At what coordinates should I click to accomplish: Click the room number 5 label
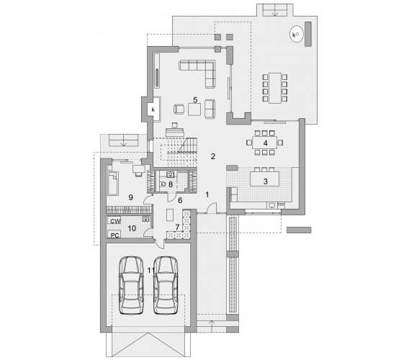coord(195,100)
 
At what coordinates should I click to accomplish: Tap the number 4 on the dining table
coord(265,143)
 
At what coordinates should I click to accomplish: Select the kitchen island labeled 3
coord(265,179)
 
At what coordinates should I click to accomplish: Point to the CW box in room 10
coord(114,220)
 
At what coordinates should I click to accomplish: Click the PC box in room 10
coord(114,234)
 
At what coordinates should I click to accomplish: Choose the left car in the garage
coord(131,285)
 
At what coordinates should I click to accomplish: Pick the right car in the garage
coord(166,285)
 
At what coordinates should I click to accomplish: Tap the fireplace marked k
coord(153,109)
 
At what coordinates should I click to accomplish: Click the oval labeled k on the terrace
coord(296,34)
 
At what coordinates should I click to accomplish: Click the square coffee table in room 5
coord(194,109)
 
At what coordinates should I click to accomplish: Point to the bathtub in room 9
coord(113,184)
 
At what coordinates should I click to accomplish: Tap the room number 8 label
coord(171,184)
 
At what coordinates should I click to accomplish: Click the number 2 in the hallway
coord(213,156)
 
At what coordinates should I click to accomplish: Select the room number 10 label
coord(132,228)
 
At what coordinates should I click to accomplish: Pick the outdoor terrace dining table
coord(275,88)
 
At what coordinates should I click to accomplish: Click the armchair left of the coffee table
coord(179,109)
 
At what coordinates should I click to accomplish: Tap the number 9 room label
coord(130,197)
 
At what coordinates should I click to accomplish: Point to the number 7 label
coord(177,228)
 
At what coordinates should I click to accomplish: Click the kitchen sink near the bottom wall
coord(272,205)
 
